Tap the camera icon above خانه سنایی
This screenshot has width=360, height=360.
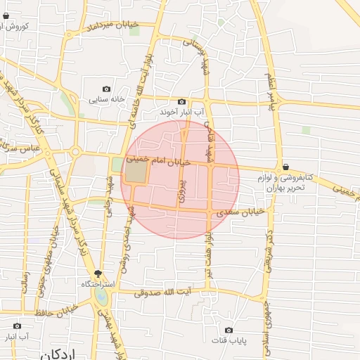click(106, 89)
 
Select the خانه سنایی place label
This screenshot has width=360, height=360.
click(106, 99)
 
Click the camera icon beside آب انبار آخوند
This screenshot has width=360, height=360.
click(181, 102)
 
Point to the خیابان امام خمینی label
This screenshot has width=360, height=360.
click(159, 160)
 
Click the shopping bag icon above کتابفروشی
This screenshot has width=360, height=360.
click(285, 167)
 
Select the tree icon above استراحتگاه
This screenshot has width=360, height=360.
click(98, 274)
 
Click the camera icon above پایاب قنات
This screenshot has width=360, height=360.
click(229, 330)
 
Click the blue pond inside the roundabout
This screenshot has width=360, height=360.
click(102, 297)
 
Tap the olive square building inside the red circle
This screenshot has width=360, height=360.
click(138, 171)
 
